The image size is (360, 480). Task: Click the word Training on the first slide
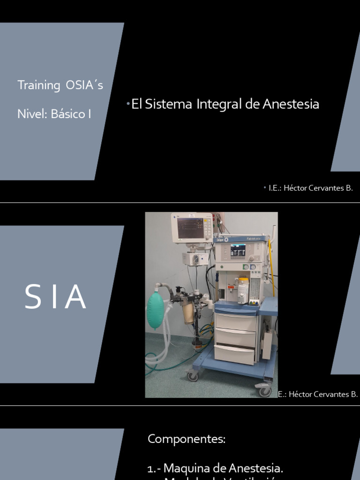coord(39,85)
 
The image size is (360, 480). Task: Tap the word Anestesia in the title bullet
coord(291,104)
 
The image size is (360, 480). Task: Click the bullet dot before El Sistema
coord(128,103)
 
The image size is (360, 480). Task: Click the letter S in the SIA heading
coord(33,297)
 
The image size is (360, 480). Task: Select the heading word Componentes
coord(187,439)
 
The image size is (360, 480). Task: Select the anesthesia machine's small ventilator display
coord(238,251)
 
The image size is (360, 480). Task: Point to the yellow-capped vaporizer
coord(243,289)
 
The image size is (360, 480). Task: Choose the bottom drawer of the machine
coord(234,354)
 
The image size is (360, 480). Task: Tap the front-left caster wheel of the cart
coord(193,375)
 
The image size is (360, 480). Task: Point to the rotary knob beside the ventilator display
coord(252,258)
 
